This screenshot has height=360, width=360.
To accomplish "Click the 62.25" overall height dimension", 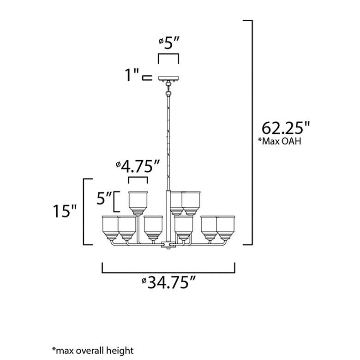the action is [x=286, y=128].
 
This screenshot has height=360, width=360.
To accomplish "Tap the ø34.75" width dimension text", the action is [x=168, y=282].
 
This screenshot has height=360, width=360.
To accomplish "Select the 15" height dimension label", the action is [x=65, y=211].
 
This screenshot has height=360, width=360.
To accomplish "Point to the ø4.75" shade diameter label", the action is [x=138, y=166].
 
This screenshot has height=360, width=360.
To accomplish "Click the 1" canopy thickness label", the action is [x=132, y=75].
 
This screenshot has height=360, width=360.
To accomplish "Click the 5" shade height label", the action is [x=104, y=198].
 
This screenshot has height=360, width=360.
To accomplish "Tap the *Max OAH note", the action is [x=279, y=141].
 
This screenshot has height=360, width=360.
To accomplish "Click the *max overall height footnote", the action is [x=92, y=350].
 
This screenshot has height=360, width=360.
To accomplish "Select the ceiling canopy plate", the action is [x=168, y=78].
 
